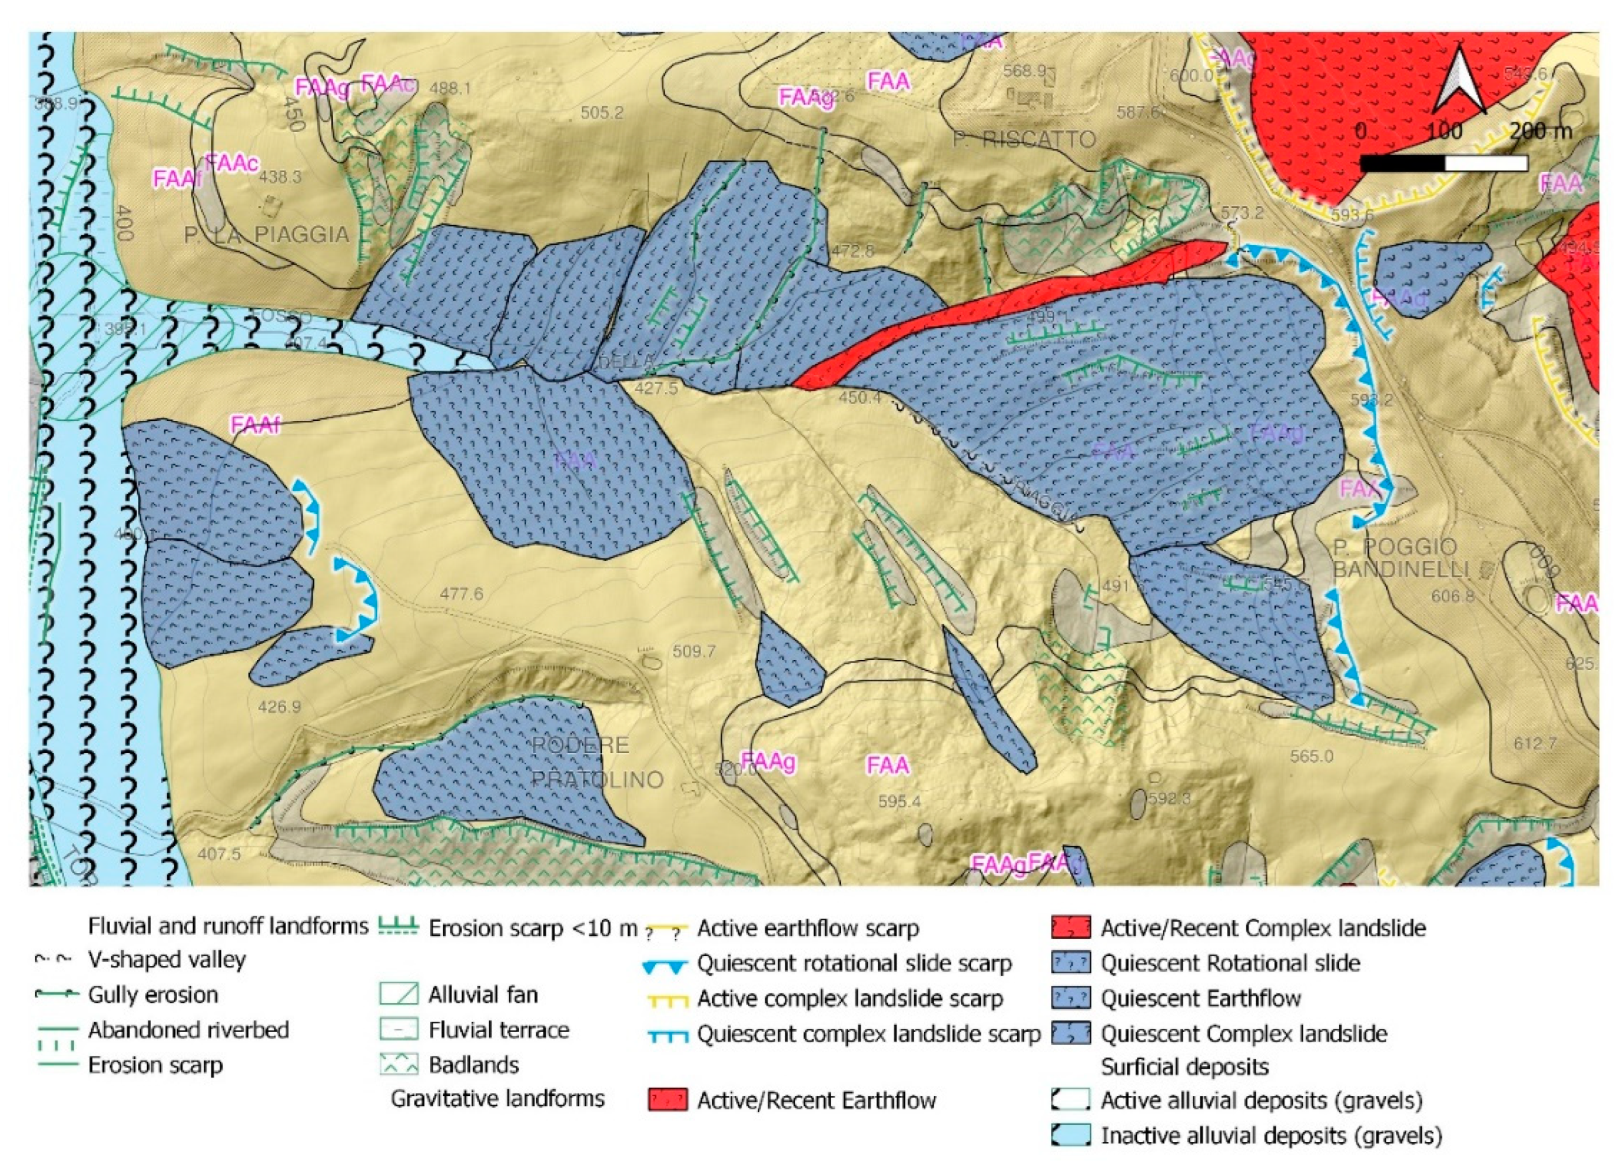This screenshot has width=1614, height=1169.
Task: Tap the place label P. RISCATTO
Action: tap(1025, 139)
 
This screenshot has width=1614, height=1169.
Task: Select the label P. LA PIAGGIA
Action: tap(266, 234)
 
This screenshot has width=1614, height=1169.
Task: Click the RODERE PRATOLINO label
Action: tap(598, 762)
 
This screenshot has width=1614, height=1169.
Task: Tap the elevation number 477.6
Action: tap(461, 593)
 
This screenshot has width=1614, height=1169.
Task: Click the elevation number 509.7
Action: tap(693, 651)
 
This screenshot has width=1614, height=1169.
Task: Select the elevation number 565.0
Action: tap(1311, 756)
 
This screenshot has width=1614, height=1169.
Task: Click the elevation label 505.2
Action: tap(601, 113)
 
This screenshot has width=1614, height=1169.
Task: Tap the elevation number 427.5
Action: tap(656, 388)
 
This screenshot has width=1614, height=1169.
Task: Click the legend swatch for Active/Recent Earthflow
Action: tap(668, 1100)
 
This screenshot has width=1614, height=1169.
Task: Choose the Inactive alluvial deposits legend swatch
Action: tap(1070, 1135)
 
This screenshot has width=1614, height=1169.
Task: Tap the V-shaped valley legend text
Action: tap(167, 959)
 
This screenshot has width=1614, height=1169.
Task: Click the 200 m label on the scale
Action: tap(1541, 132)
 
